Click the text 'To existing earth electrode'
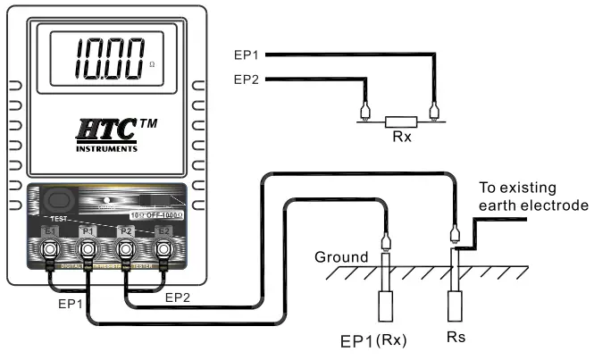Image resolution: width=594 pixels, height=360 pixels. point(531,197)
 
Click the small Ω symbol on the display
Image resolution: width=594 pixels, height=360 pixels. point(151,65)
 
